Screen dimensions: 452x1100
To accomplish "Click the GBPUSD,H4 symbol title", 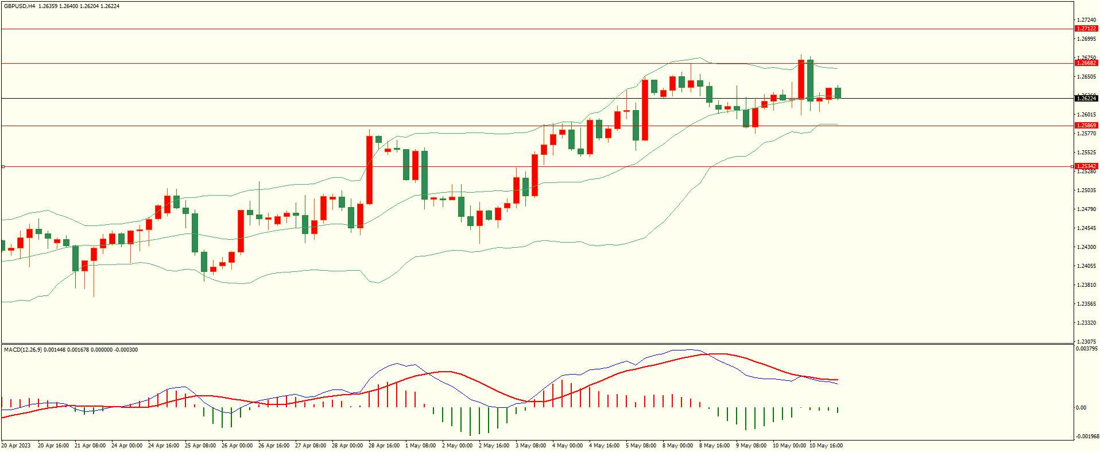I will click(x=20, y=6).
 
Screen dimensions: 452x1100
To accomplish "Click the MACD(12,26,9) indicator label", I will click(x=22, y=349).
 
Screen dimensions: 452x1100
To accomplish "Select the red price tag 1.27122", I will click(x=1086, y=28).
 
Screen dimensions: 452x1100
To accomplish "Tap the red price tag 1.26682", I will click(x=1086, y=63).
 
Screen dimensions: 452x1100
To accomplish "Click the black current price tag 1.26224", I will click(x=1086, y=98).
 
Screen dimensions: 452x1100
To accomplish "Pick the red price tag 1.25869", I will click(x=1086, y=125).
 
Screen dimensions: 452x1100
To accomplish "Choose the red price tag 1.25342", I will click(x=1086, y=166).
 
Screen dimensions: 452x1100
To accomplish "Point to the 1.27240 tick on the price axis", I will click(x=1086, y=20).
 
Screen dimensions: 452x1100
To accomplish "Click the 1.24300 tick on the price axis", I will click(x=1086, y=247).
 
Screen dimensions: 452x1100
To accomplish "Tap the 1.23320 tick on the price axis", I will click(x=1086, y=323).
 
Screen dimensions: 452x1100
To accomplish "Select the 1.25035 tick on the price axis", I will click(x=1086, y=190).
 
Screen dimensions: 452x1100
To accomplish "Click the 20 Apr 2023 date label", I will click(x=16, y=446).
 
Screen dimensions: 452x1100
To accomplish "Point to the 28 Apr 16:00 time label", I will click(x=384, y=446).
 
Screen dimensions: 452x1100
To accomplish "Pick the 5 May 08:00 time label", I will click(x=641, y=446).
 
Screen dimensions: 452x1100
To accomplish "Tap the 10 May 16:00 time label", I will click(x=826, y=446).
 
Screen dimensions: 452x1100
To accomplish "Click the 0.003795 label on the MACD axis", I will click(x=1087, y=349).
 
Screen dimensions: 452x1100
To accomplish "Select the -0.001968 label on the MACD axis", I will click(x=1087, y=437).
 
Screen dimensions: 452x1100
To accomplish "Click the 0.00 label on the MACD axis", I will click(x=1080, y=408).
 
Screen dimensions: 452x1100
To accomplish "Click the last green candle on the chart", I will click(x=838, y=92).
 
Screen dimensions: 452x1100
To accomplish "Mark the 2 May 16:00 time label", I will click(x=494, y=446).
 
